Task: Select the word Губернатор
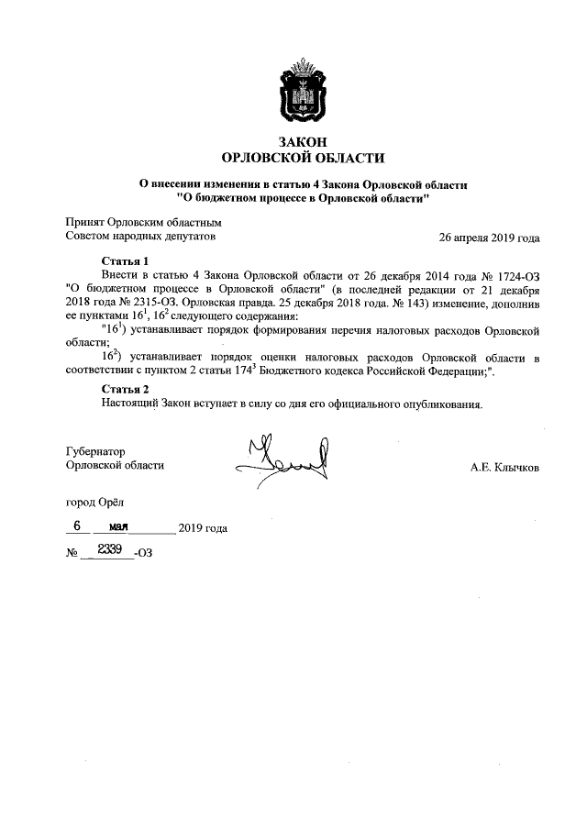coord(95,451)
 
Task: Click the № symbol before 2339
coord(72,555)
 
